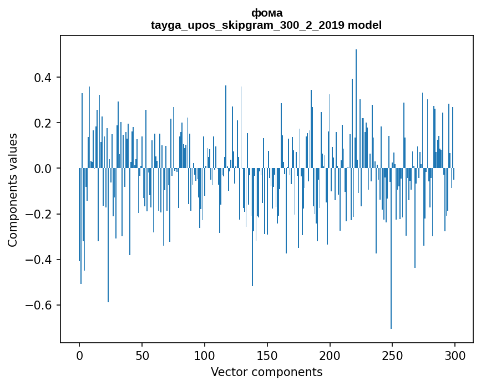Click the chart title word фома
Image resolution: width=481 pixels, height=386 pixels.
266,13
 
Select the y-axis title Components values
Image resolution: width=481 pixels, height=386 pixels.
13,190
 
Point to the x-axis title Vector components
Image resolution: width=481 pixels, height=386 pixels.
266,372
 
